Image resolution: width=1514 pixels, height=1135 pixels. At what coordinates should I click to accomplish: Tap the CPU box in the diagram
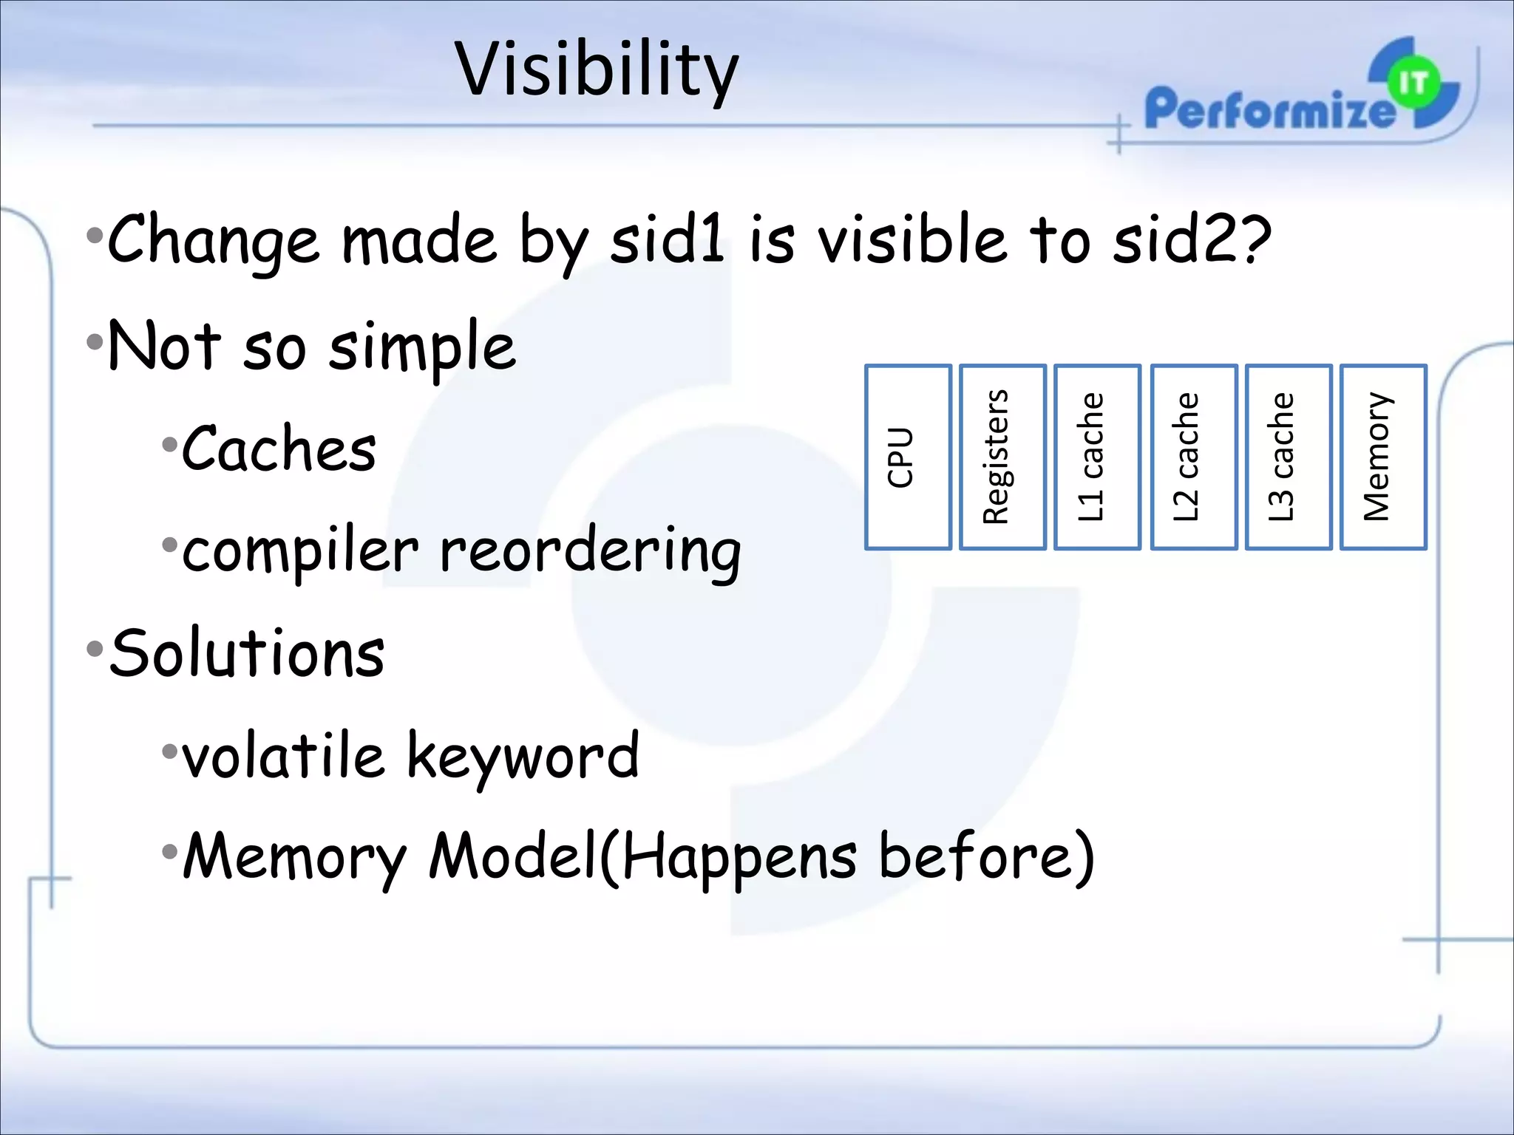tap(907, 457)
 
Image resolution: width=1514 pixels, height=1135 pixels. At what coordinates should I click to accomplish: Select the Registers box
tap(1002, 457)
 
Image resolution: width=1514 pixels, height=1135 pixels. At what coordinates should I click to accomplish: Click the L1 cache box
tap(1096, 457)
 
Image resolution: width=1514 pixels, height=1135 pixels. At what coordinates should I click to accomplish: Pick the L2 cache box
tap(1193, 457)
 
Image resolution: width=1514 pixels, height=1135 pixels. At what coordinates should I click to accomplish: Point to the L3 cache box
tap(1288, 457)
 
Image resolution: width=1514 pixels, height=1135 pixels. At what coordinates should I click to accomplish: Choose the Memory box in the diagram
tap(1382, 457)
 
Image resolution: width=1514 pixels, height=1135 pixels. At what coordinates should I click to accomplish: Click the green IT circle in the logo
tap(1413, 83)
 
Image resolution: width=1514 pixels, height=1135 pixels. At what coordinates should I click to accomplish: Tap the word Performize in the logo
tap(1268, 109)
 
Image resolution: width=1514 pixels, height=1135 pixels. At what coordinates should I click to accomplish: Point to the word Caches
tap(279, 449)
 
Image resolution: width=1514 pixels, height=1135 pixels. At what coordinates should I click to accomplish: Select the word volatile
tap(283, 755)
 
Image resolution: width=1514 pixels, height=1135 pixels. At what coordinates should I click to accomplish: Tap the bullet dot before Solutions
tap(95, 650)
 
